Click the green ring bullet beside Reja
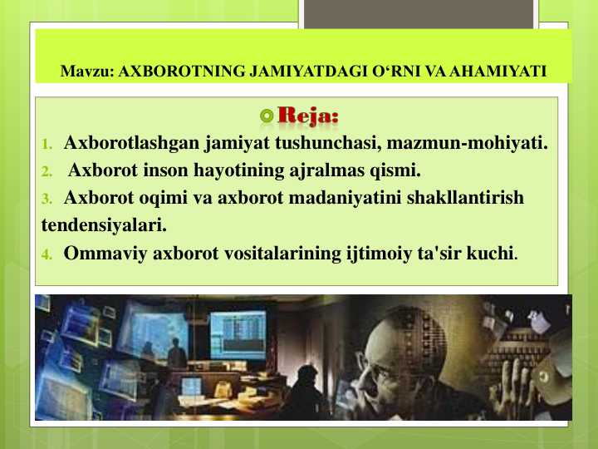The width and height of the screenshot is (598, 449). coord(266,116)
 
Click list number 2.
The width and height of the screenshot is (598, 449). coord(47,173)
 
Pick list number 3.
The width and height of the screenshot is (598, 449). coord(47,200)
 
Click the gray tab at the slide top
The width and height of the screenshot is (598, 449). coord(417,12)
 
